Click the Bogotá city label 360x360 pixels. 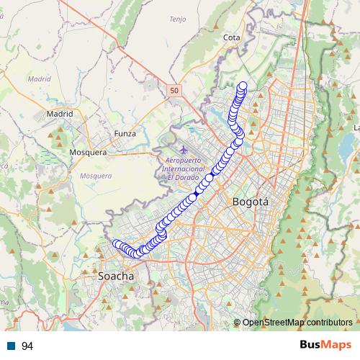click(x=251, y=202)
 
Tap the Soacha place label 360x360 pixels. click(x=116, y=276)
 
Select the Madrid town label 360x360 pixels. click(x=60, y=114)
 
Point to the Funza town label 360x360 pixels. click(x=125, y=133)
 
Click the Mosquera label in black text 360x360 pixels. click(x=88, y=153)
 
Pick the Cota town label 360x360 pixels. click(x=232, y=37)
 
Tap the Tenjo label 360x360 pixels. click(x=177, y=19)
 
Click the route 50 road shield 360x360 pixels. click(x=174, y=90)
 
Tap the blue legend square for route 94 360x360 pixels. click(x=12, y=346)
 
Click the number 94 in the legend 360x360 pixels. click(x=28, y=346)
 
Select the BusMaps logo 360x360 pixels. click(x=325, y=346)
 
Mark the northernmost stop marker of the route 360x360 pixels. click(x=243, y=86)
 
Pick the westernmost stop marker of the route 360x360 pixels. click(x=115, y=243)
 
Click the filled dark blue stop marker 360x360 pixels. click(x=195, y=194)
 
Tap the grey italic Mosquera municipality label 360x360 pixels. click(x=96, y=176)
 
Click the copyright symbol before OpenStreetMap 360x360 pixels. click(x=238, y=322)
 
